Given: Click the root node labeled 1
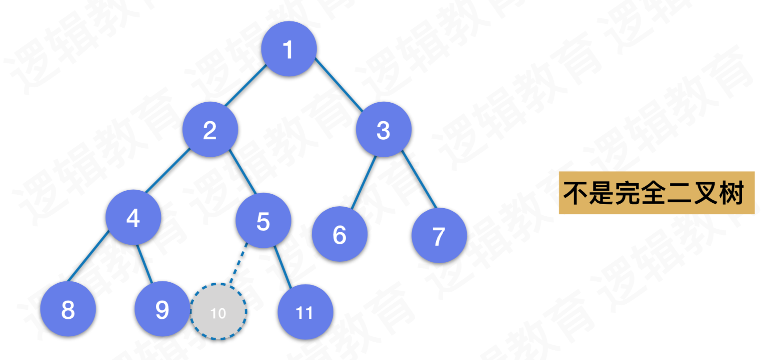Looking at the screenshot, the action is point(289,49).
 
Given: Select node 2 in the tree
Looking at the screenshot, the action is point(210,130).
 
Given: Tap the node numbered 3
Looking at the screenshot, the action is point(383,130).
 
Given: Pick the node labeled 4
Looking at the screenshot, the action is point(133,218).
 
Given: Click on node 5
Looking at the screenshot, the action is point(263,221).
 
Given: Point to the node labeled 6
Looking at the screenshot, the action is point(339,234).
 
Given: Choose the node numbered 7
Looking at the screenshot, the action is point(439,235).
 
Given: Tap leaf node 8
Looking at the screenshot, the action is point(68,309).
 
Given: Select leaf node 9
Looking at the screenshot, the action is point(162,309).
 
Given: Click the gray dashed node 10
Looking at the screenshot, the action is point(218,312).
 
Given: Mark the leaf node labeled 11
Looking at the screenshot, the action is point(305,312).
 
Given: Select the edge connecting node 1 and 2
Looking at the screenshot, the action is point(245,86).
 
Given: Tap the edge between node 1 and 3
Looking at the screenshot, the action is point(339,85).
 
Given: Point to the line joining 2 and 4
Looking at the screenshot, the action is point(167,171).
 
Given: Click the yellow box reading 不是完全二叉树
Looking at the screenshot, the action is point(656,193).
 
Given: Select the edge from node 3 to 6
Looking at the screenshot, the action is point(363,182).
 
